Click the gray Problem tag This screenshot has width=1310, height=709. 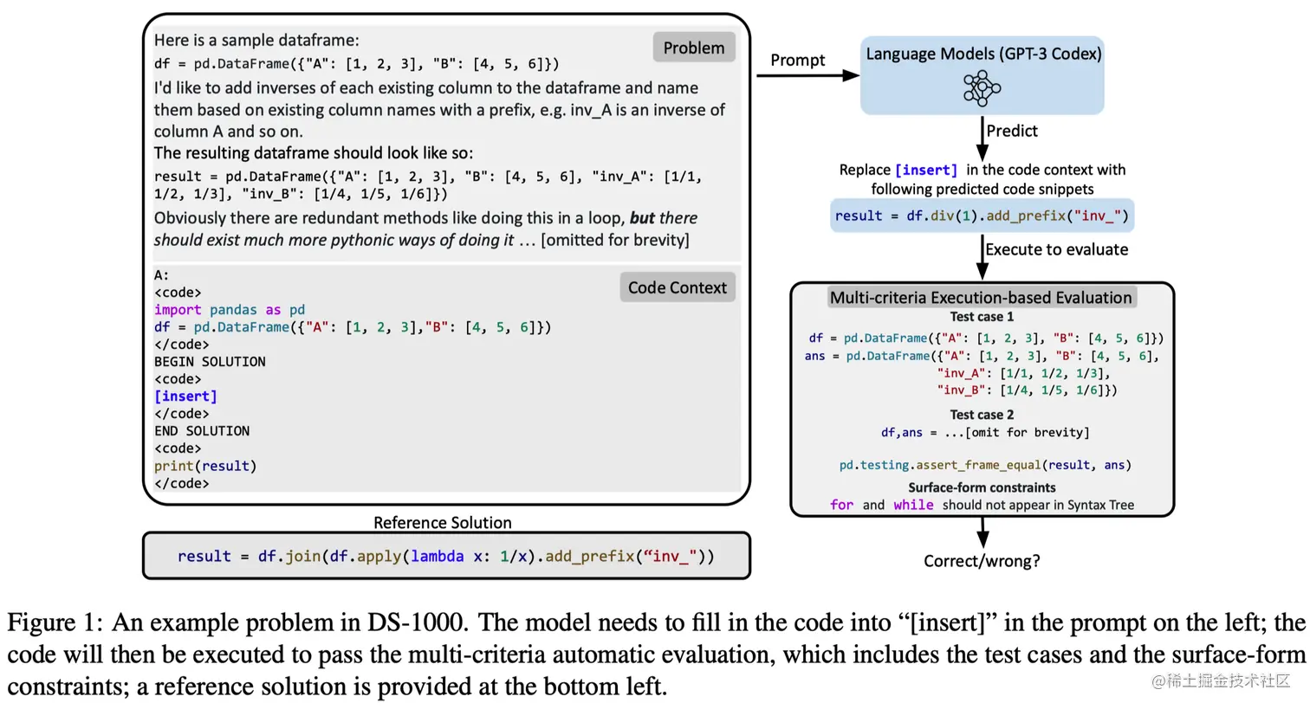click(693, 48)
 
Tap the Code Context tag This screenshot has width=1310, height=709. click(677, 287)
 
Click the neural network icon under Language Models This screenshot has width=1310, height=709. click(982, 88)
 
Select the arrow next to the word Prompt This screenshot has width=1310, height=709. click(807, 76)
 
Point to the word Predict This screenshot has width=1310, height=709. click(1011, 131)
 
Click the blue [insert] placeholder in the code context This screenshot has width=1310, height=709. click(185, 396)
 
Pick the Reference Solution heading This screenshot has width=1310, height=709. click(442, 522)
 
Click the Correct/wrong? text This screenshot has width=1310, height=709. click(982, 561)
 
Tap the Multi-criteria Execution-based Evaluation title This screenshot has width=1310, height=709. click(981, 298)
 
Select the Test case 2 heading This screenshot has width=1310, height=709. click(982, 415)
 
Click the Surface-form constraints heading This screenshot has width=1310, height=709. click(982, 487)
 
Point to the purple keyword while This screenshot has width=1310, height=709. click(913, 505)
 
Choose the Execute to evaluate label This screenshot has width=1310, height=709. click(1056, 249)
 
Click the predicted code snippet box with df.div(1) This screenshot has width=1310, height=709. click(982, 216)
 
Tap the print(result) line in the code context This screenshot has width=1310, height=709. click(205, 466)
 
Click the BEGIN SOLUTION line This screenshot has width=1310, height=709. click(210, 362)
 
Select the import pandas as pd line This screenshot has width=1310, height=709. click(230, 310)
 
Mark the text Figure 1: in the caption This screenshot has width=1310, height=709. click(55, 622)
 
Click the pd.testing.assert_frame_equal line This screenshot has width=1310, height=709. click(985, 465)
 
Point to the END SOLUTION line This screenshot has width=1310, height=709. click(202, 431)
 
